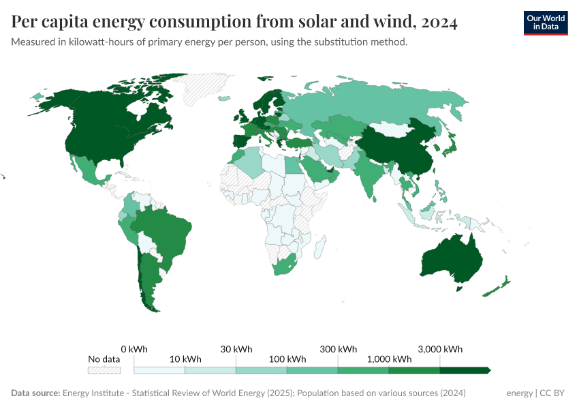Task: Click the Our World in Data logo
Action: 545,22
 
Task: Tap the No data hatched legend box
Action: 104,370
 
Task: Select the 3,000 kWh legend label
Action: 440,349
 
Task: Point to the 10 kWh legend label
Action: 185,359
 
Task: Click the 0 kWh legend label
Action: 134,349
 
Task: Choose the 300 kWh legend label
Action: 338,349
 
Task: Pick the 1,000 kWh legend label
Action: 389,359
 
